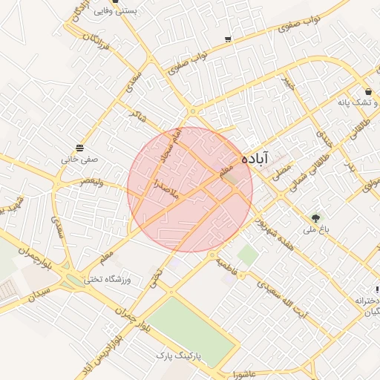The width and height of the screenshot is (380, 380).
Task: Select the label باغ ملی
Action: tap(313, 230)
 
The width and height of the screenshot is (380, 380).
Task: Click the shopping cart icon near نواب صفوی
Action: tap(228, 39)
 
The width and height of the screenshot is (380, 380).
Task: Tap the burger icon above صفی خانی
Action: tap(79, 147)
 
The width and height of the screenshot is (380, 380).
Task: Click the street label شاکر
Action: tap(137, 116)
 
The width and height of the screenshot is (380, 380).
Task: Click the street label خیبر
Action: tap(287, 84)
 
